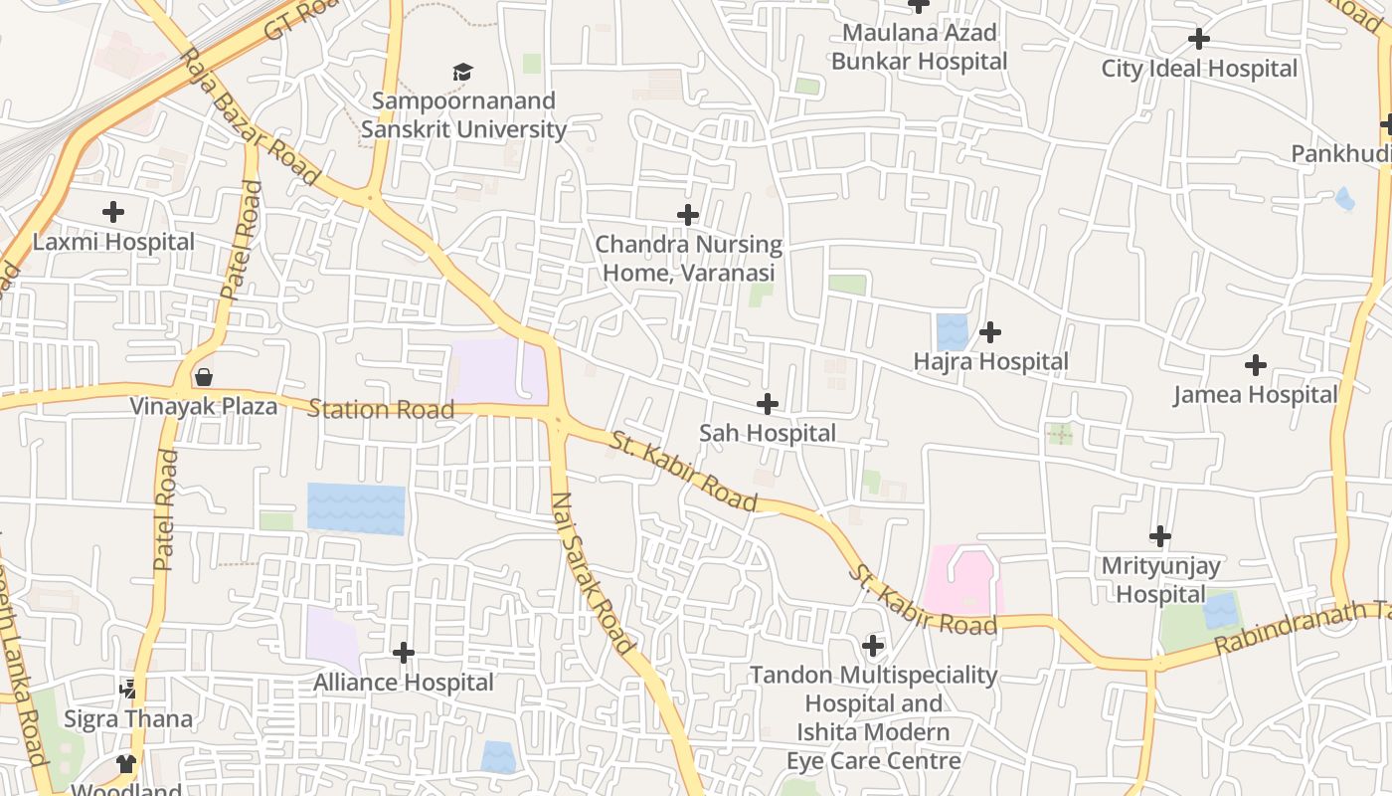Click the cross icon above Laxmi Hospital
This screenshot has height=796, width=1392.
click(113, 211)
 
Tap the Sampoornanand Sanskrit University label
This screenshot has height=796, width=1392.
click(463, 115)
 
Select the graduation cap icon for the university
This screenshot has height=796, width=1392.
click(462, 72)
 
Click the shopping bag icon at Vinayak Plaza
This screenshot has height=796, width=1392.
click(204, 377)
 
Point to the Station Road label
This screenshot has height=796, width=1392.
click(381, 409)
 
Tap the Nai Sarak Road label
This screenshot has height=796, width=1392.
click(593, 573)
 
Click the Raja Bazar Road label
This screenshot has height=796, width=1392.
click(252, 117)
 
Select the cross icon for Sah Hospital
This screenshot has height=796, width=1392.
click(767, 404)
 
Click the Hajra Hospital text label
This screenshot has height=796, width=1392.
click(990, 361)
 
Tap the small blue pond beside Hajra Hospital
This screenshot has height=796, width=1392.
click(952, 332)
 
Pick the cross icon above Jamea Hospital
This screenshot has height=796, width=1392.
click(1256, 365)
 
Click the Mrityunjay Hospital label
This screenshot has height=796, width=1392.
click(1160, 580)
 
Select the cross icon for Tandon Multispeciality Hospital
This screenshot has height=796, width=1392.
click(873, 646)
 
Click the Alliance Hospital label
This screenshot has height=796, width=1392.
click(404, 683)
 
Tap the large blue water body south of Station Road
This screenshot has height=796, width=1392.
click(356, 508)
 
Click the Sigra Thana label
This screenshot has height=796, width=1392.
click(128, 718)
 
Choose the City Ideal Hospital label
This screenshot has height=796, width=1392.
click(1199, 69)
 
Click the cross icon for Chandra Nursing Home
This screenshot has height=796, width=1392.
click(687, 215)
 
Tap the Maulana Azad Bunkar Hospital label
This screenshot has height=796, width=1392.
click(919, 47)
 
